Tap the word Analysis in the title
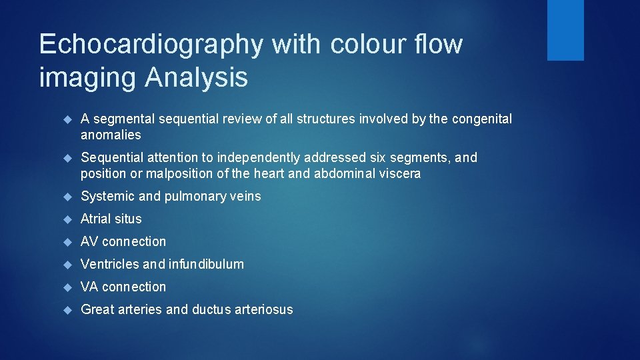(196, 78)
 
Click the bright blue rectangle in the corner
(565, 30)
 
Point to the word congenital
(482, 119)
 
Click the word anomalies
(111, 135)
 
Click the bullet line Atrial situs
(111, 219)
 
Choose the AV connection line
(123, 241)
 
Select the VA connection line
(123, 287)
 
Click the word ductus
(213, 309)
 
